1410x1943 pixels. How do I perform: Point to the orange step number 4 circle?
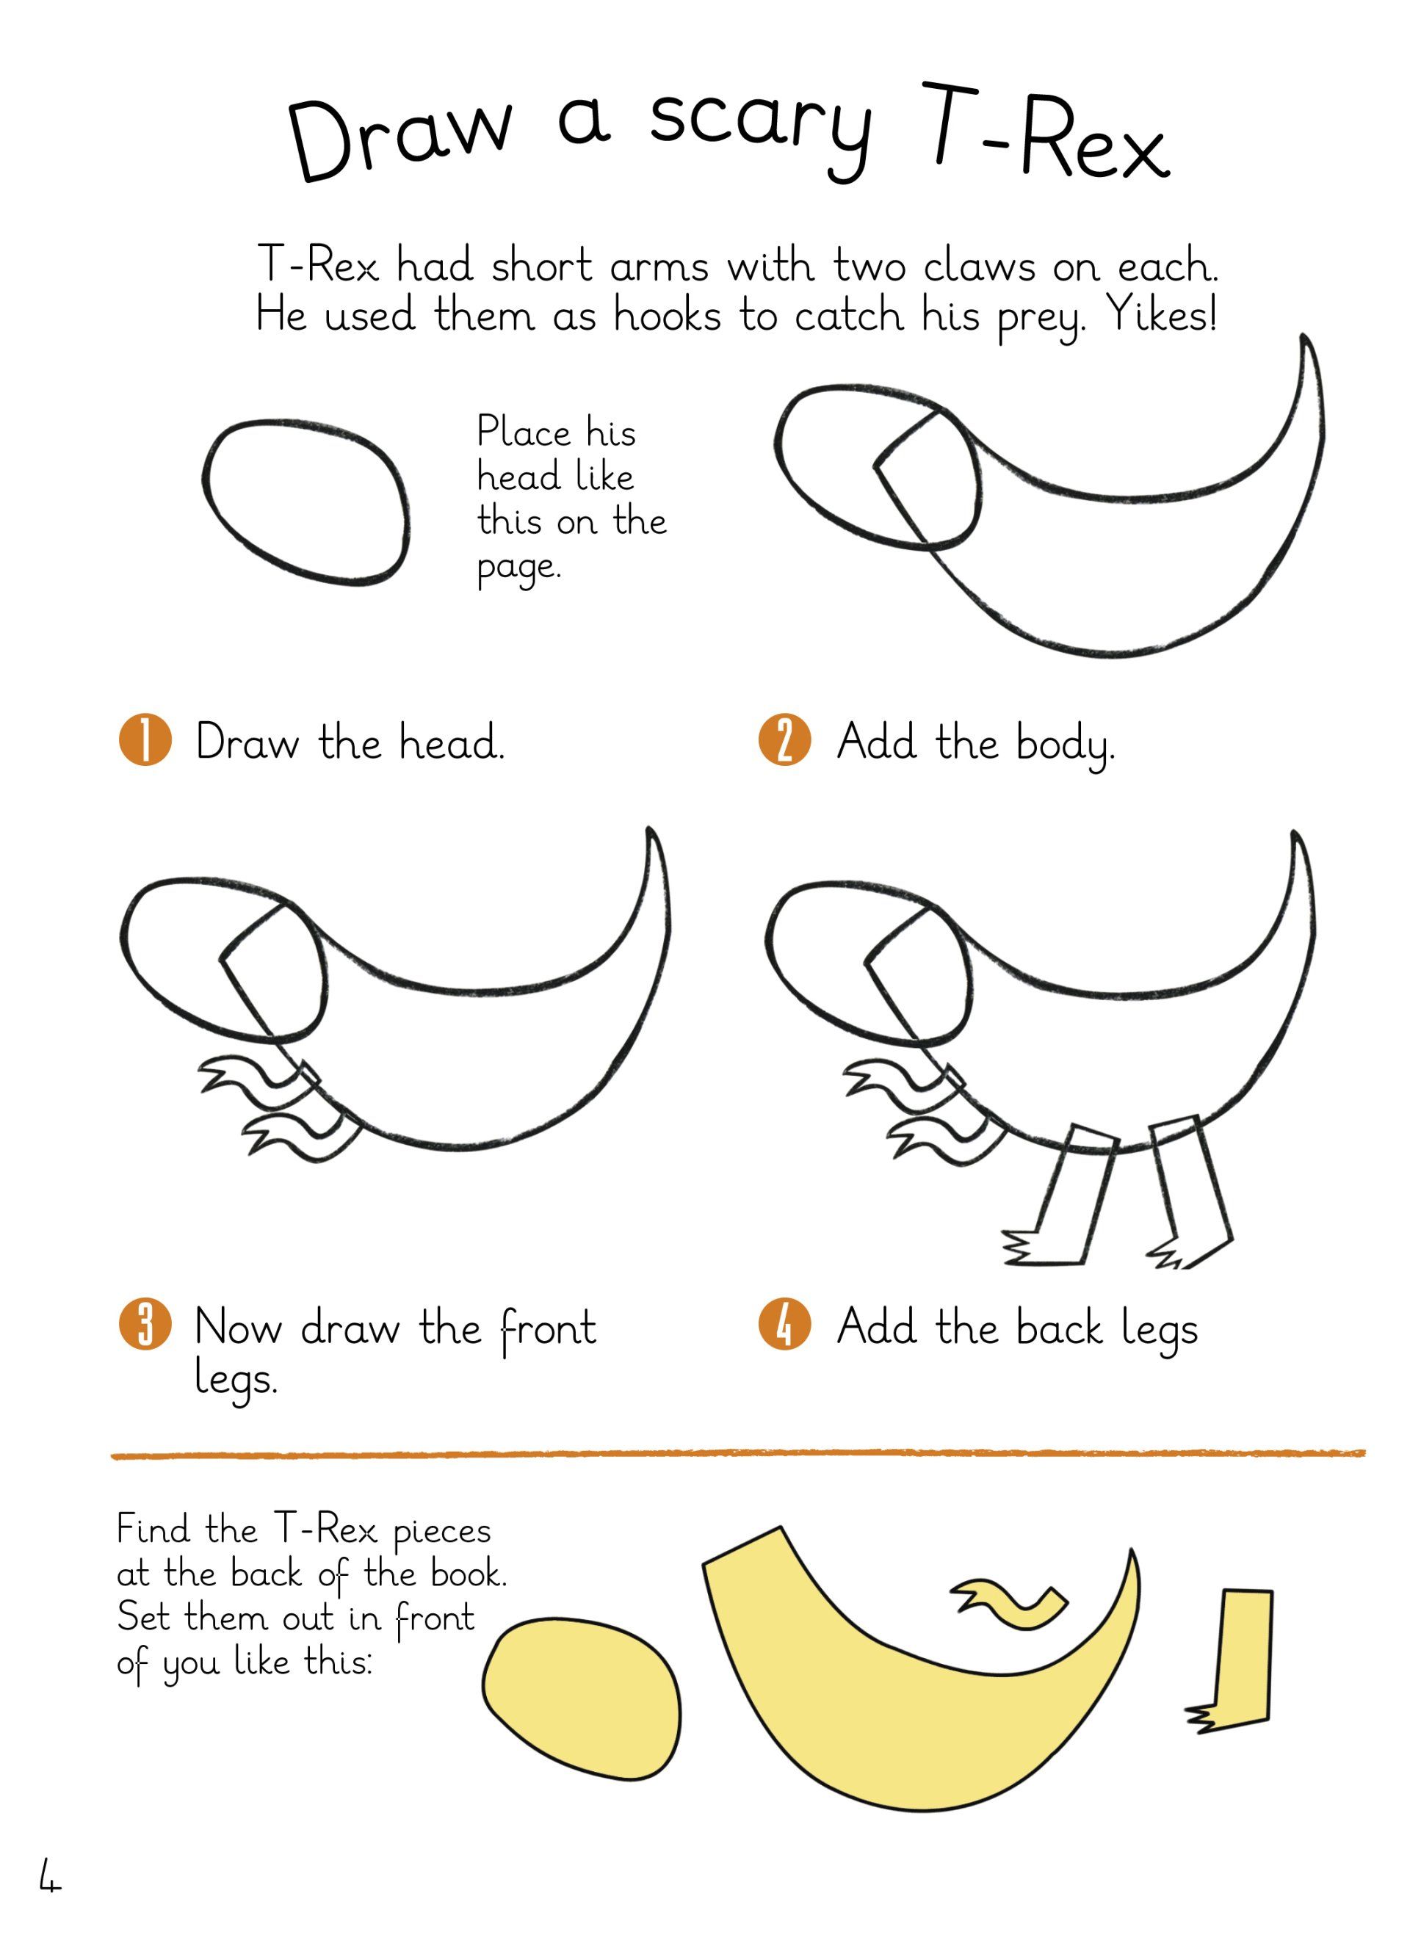pyautogui.click(x=784, y=1325)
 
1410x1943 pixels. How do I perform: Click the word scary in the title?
pyautogui.click(x=761, y=129)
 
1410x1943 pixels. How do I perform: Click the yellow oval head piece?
pyautogui.click(x=582, y=1703)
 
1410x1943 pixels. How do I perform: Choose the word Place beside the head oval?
pyautogui.click(x=524, y=431)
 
